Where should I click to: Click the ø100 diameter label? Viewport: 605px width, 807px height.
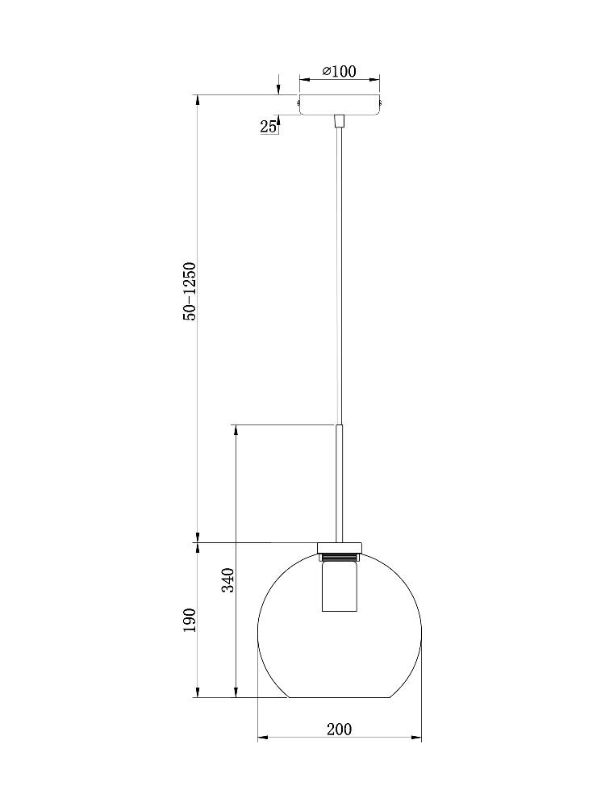(339, 71)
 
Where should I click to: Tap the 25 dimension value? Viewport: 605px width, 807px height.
(268, 127)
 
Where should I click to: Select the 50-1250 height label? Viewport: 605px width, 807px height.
(190, 292)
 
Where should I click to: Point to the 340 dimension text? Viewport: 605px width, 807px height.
(228, 580)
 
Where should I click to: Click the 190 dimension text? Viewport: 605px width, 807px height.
(190, 620)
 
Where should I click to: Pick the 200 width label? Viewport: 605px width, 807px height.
(340, 729)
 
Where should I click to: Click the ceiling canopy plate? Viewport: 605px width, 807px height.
(340, 104)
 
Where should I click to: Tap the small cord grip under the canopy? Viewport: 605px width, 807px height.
(339, 121)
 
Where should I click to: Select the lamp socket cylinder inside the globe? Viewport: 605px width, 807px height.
(336, 586)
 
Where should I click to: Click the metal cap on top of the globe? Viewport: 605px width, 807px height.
(340, 548)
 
